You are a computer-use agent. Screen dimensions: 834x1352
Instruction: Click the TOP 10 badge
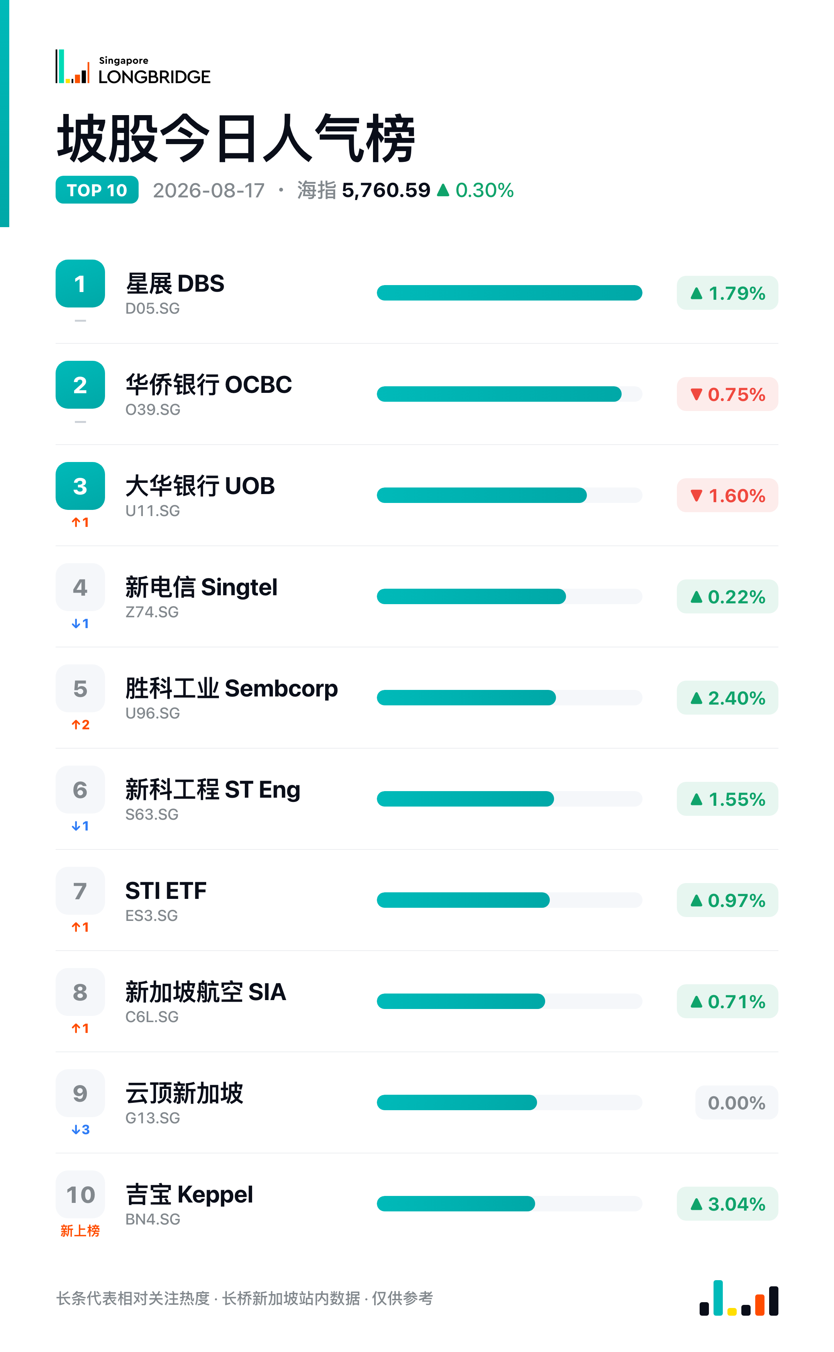(97, 190)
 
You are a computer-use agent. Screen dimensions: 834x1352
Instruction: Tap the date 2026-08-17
(208, 190)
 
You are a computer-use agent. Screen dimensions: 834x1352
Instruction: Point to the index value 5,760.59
(386, 190)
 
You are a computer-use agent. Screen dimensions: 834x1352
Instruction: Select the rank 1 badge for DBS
(80, 284)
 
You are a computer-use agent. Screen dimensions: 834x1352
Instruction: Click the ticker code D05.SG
(153, 309)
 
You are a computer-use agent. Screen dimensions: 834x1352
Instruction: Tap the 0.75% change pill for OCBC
(727, 394)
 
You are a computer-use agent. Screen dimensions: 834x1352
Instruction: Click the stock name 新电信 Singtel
(201, 587)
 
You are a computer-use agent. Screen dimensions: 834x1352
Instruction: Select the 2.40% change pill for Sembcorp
(727, 698)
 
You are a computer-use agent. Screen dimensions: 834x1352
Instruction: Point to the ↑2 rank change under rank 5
(81, 725)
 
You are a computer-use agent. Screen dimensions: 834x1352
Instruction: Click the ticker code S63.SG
(152, 815)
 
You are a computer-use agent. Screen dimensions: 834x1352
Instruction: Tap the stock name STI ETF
(166, 891)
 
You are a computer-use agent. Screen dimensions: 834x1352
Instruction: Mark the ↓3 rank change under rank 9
(81, 1129)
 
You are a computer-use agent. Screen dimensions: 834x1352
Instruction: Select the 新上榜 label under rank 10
(80, 1231)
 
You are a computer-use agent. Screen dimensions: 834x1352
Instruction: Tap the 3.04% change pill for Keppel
(727, 1204)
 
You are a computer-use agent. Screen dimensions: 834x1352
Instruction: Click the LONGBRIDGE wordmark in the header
(154, 77)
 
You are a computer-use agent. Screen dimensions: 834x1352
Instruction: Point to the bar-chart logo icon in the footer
(739, 1298)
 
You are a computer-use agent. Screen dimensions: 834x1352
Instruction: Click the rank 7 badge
(80, 891)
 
